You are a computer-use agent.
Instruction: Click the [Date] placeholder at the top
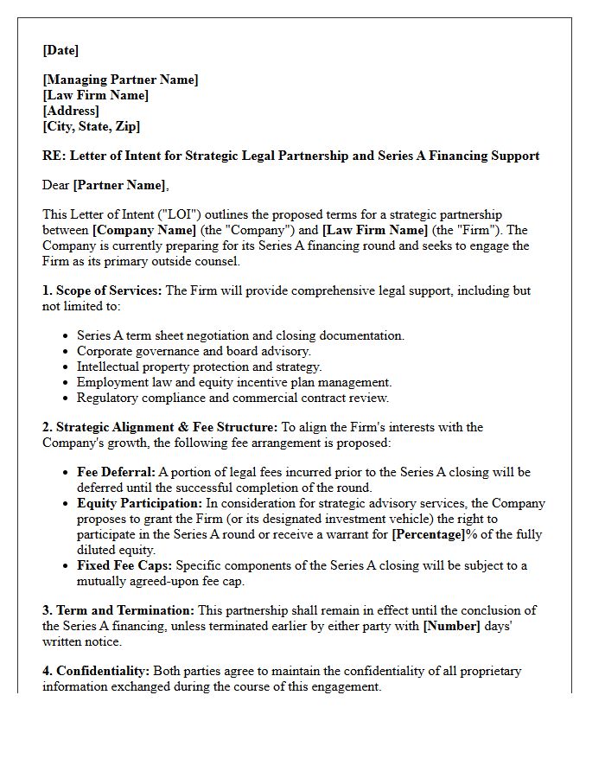60,50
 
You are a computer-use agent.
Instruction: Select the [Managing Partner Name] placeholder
120,80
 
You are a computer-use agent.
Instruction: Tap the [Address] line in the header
71,111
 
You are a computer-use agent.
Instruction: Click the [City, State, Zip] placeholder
91,126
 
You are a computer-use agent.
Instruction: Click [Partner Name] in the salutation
119,185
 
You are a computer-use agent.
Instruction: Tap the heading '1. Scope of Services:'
102,290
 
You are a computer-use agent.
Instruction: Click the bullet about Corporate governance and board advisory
195,351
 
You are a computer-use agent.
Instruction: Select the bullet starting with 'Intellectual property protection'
199,367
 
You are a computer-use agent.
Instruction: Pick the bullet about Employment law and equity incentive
233,382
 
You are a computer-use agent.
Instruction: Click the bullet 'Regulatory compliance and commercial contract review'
232,398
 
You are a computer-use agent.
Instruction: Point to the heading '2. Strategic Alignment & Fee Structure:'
160,427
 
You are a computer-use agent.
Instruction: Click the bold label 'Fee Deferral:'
116,472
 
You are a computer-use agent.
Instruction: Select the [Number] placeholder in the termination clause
450,626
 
